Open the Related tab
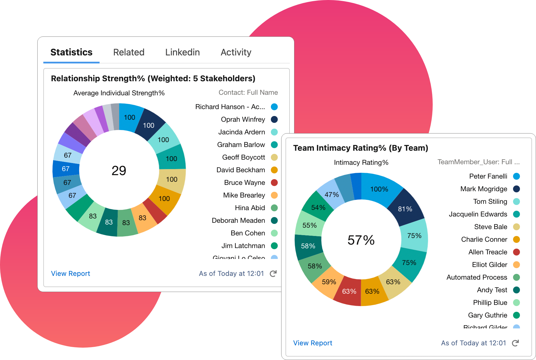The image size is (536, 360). [129, 52]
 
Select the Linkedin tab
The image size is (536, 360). [182, 52]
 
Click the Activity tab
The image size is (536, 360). [236, 52]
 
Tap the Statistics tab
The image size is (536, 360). [71, 52]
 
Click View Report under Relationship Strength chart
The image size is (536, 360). [71, 274]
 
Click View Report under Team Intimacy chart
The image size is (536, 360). [313, 343]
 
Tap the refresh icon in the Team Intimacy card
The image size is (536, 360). [515, 343]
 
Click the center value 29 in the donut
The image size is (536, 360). [119, 171]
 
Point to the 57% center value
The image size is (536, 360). [361, 240]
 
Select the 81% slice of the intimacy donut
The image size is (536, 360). [405, 209]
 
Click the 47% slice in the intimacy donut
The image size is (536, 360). [332, 195]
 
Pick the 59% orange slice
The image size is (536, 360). [329, 282]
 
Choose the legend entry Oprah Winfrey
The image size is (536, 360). [243, 119]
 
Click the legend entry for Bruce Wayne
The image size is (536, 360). [244, 183]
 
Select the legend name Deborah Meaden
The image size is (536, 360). [238, 220]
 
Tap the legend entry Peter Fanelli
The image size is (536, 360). [488, 176]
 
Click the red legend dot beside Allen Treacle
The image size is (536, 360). [516, 252]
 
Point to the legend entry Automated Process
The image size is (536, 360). [477, 277]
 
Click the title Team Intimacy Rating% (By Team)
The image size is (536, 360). [361, 148]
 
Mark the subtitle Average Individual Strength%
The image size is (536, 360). [119, 93]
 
